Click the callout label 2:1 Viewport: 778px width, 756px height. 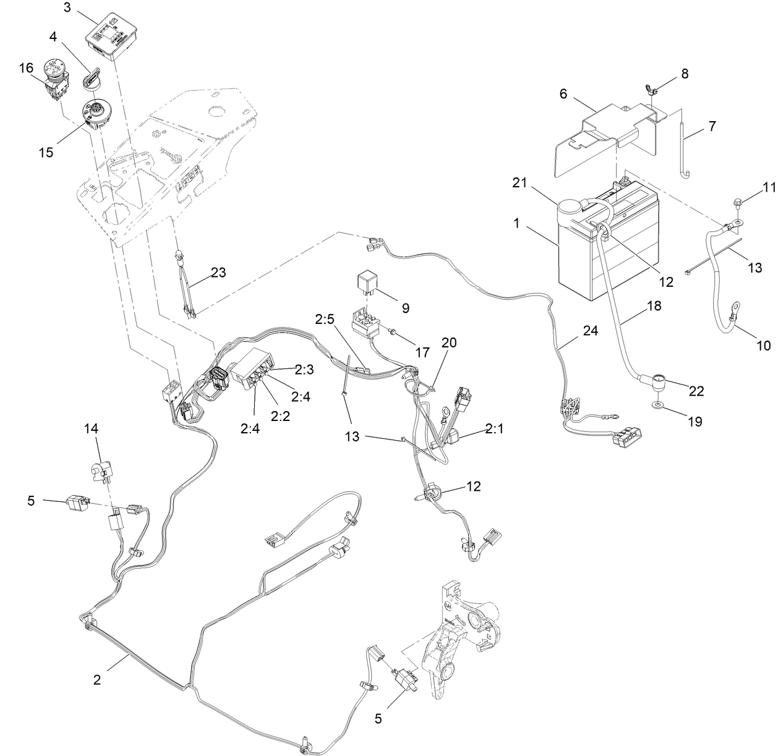(494, 428)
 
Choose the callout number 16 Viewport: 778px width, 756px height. (26, 68)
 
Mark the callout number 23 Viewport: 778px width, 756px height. (217, 271)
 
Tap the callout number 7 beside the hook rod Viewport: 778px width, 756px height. (712, 127)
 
